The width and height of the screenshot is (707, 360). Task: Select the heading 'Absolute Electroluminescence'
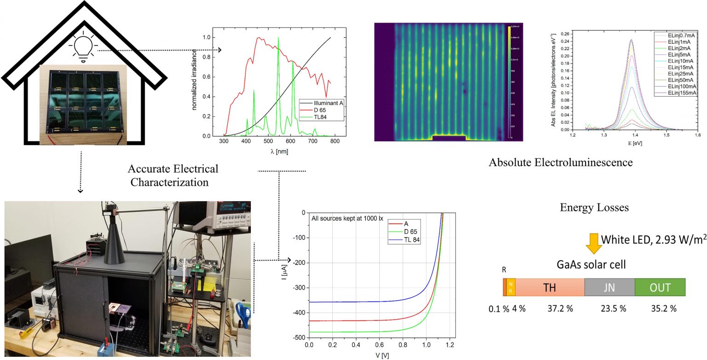(561, 163)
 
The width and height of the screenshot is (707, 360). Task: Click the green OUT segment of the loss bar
(660, 287)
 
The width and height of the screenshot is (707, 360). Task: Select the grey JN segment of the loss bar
(609, 287)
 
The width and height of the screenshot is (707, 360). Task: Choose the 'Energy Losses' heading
(594, 208)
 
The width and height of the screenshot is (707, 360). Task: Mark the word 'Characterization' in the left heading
(169, 182)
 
